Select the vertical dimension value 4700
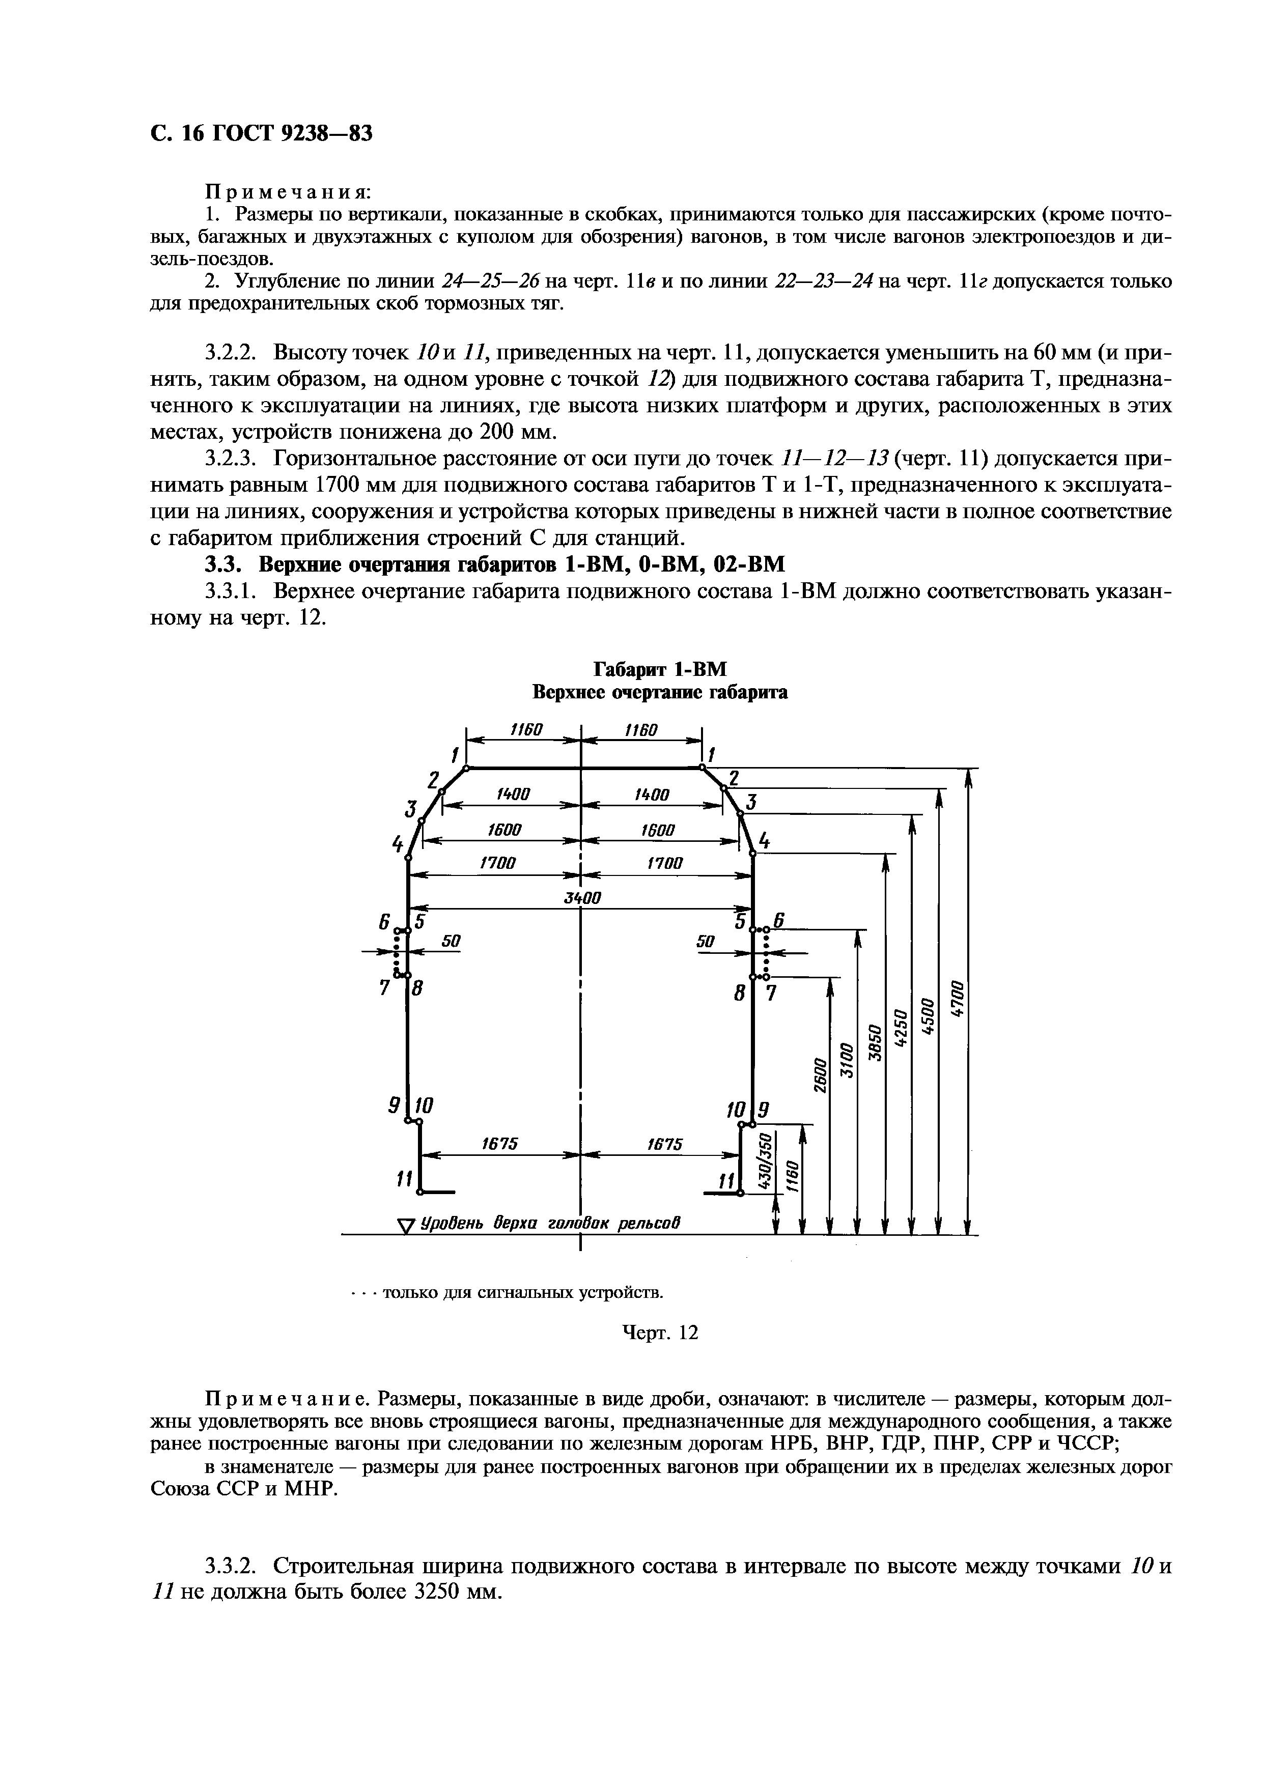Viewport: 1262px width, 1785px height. (959, 1000)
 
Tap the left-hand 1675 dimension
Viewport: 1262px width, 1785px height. (499, 1144)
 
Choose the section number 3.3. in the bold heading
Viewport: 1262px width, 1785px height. (223, 563)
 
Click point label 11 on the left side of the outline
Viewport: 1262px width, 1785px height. (404, 1179)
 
